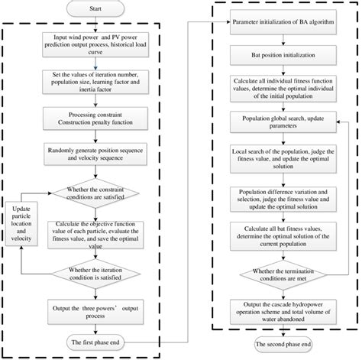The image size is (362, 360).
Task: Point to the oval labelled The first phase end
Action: (x=117, y=339)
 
